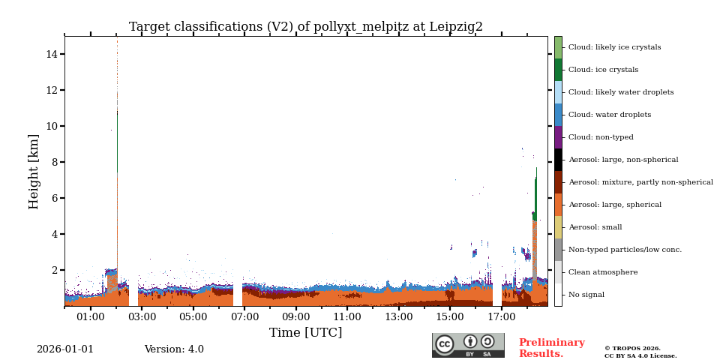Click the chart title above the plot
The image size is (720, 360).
point(306,27)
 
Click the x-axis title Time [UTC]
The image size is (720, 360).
point(306,332)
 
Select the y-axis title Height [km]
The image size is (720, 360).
point(34,171)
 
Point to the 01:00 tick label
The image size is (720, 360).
point(91,317)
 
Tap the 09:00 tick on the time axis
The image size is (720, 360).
point(296,317)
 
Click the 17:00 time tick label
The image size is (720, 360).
point(502,317)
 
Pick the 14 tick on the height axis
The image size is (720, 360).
point(52,54)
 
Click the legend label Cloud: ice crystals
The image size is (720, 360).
point(603,70)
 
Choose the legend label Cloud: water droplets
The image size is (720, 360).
point(609,115)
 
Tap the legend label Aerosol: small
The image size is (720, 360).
point(595,227)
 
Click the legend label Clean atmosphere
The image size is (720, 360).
point(603,272)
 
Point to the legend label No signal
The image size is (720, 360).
point(586,295)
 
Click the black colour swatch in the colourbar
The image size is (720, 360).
point(558,160)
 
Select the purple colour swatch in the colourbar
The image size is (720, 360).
point(558,137)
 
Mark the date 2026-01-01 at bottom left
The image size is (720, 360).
point(65,349)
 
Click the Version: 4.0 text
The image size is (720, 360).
point(174,349)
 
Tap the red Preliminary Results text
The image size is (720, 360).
point(551,348)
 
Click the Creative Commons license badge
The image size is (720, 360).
point(468,345)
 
